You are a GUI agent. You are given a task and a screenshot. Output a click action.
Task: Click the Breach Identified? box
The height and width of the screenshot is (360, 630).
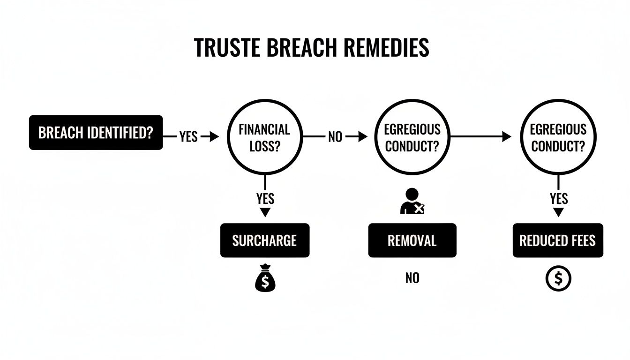pos(96,133)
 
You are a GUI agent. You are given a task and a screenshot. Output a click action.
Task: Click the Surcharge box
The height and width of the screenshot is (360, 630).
pos(265,240)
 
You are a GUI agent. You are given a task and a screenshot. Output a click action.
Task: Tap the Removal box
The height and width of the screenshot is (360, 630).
pos(412,240)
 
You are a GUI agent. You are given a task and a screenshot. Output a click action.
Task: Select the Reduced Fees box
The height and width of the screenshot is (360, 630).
pos(558,240)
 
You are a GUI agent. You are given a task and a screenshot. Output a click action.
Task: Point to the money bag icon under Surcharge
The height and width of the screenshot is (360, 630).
pos(265,280)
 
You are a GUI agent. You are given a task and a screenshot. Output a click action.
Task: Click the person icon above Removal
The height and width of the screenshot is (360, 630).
pos(412,202)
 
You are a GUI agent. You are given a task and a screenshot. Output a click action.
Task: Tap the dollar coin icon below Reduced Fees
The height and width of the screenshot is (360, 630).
pos(558,279)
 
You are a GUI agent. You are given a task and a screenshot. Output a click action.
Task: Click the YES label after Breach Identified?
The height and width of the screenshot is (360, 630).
pos(188,137)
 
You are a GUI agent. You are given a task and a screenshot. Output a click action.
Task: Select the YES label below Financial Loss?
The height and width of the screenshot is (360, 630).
pos(265,198)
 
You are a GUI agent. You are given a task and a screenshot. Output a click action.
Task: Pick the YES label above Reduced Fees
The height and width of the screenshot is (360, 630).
pos(558,199)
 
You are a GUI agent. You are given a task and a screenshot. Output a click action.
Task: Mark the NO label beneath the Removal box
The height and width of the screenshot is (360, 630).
pos(412,278)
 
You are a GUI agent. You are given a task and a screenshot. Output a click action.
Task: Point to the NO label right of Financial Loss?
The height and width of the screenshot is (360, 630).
pos(335,137)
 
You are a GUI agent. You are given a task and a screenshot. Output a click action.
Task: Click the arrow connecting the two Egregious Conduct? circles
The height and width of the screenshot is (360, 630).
pos(480,137)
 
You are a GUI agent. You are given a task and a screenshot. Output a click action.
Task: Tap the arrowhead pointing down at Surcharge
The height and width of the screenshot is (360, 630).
pos(265,212)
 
